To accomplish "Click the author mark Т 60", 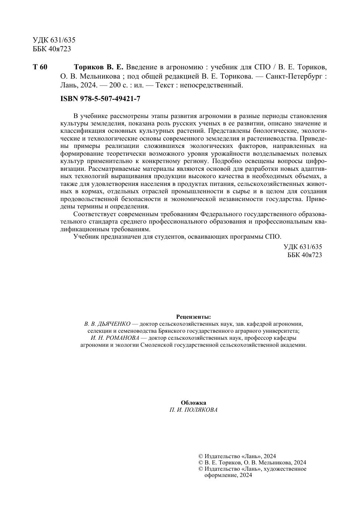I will [x=40, y=67].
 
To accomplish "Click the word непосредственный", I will [x=214, y=85].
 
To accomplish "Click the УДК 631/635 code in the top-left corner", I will [x=54, y=40].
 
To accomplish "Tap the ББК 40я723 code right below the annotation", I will [x=304, y=255].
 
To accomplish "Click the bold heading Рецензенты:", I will [x=193, y=316].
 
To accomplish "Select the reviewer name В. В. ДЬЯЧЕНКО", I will [x=107, y=324].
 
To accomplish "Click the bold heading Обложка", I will [x=193, y=403].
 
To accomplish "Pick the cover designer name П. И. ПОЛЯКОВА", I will [x=193, y=410].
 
